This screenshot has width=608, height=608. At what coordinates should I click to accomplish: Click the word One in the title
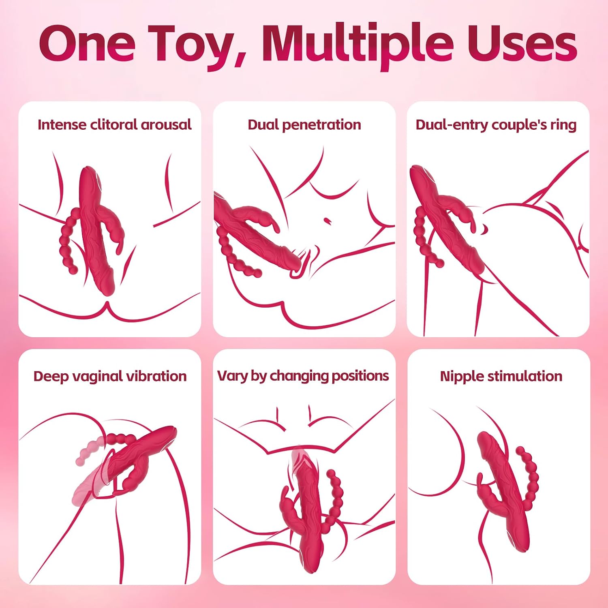click(87, 43)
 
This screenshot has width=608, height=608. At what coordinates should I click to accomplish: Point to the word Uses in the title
click(522, 43)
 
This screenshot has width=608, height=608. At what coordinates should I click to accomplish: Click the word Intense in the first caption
click(62, 124)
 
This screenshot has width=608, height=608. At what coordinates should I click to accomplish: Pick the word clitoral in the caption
click(114, 124)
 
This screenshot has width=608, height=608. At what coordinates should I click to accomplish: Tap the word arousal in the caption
click(166, 125)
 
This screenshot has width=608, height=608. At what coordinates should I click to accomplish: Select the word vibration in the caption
click(156, 376)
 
